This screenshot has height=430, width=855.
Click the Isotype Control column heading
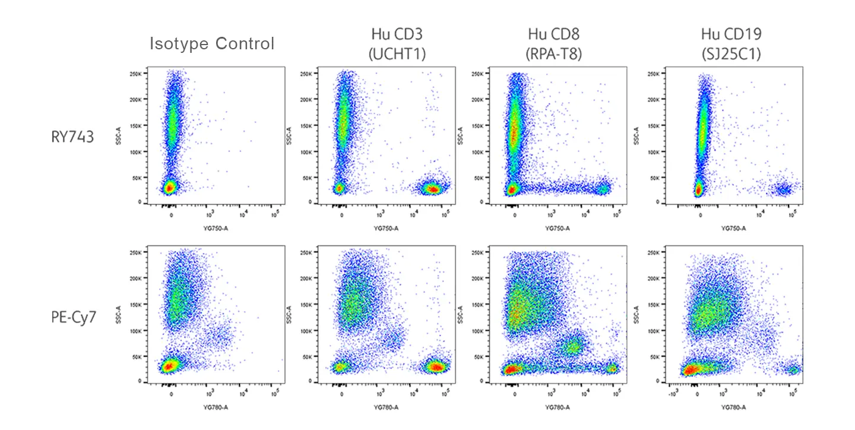point(212,44)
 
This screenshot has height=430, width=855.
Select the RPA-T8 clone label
point(553,53)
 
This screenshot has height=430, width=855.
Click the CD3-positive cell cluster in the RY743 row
point(432,189)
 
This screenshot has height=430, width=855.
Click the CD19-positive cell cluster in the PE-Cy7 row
point(793,369)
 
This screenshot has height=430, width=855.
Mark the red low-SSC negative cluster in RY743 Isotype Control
point(169,187)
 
